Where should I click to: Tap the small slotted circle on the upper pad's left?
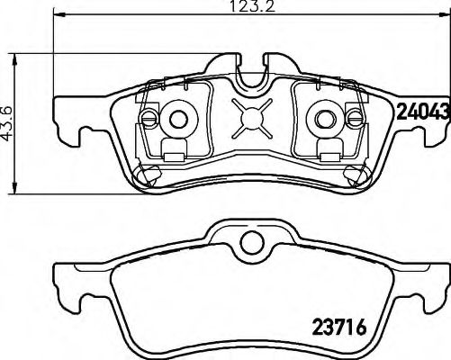click(x=150, y=118)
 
